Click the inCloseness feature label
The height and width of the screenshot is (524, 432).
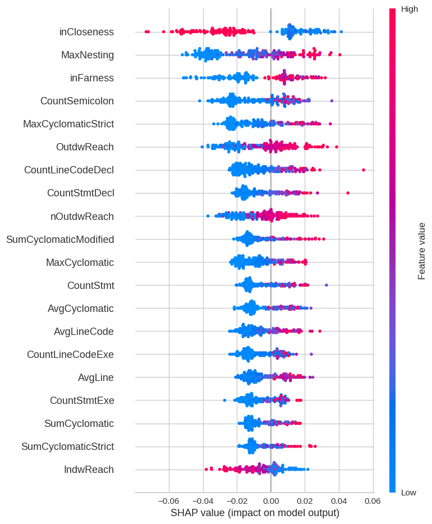click(86, 32)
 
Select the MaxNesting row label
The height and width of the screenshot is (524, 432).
click(88, 55)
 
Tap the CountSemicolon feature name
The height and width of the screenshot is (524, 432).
click(77, 101)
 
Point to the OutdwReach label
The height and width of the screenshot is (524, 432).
click(85, 147)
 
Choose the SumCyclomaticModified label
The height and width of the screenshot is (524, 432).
click(60, 240)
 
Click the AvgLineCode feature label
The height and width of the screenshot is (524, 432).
click(84, 332)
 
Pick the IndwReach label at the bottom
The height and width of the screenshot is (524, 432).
click(89, 470)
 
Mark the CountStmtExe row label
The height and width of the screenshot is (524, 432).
click(82, 401)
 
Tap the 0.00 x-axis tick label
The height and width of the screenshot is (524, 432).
click(270, 500)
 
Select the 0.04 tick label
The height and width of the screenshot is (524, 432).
click(339, 500)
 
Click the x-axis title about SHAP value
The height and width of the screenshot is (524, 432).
click(255, 513)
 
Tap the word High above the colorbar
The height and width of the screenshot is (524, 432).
click(409, 9)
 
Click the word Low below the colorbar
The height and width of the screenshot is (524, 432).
click(408, 493)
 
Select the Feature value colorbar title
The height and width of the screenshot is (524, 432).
click(422, 251)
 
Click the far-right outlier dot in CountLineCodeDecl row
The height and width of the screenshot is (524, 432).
click(364, 169)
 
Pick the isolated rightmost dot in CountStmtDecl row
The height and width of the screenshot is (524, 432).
click(348, 193)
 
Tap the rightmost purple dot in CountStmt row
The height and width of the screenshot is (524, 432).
click(327, 285)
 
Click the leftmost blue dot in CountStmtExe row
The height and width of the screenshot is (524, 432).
click(224, 400)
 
